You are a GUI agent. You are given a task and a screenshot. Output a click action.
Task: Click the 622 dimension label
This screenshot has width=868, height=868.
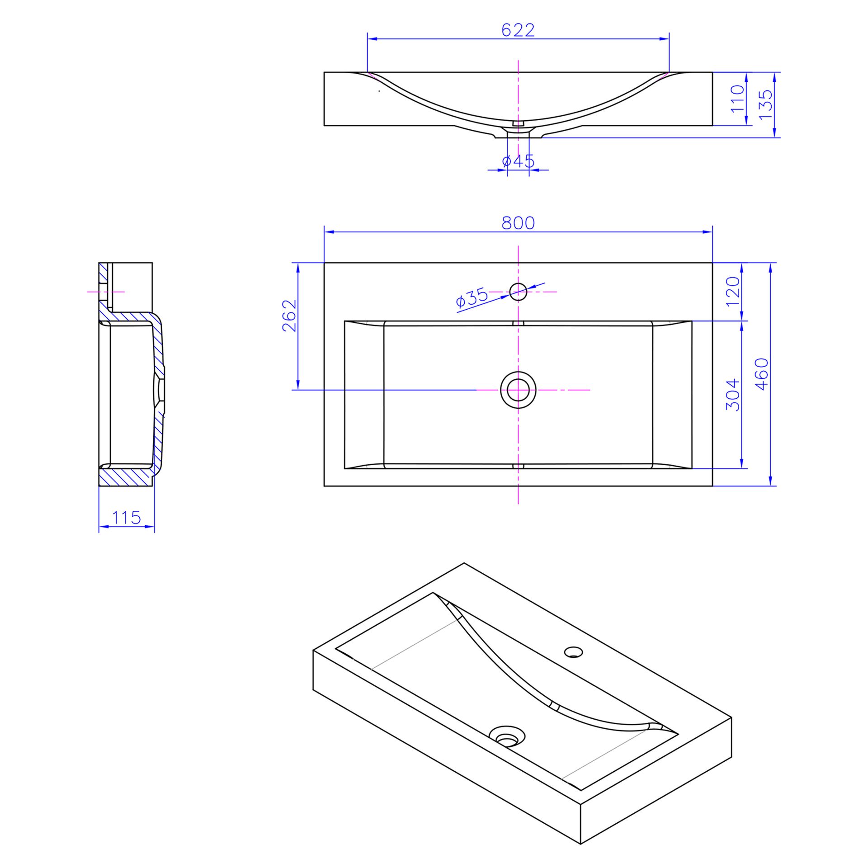[518, 30]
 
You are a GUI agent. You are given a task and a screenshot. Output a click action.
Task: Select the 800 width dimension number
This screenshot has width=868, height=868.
[518, 223]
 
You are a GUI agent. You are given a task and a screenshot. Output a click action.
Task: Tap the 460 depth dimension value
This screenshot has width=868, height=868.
[762, 374]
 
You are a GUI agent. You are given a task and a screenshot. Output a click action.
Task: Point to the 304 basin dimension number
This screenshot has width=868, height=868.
[732, 395]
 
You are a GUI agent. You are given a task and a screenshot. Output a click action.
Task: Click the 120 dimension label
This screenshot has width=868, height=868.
[732, 292]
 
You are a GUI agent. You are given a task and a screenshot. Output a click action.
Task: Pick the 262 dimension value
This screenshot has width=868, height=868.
[289, 316]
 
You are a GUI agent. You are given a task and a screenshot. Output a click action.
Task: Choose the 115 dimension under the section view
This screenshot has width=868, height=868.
[127, 517]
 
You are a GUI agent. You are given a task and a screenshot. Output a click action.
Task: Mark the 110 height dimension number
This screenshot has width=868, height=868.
[737, 99]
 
